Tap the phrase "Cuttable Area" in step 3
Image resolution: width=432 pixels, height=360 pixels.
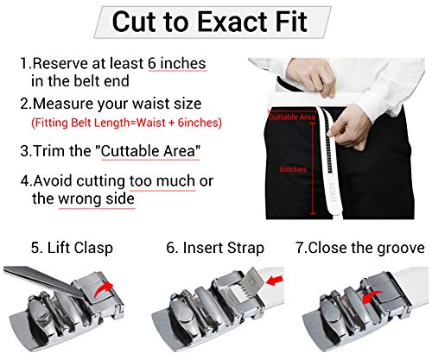tap(149, 150)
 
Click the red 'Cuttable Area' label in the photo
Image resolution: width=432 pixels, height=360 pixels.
tap(291, 116)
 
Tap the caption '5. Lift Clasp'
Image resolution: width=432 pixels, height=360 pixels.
tap(72, 248)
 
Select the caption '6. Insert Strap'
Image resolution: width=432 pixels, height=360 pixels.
tap(215, 248)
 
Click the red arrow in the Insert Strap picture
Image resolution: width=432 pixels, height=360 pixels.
tap(269, 282)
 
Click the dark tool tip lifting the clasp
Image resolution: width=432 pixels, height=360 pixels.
tap(35, 277)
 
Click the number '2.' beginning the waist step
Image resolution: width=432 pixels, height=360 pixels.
tap(27, 104)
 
